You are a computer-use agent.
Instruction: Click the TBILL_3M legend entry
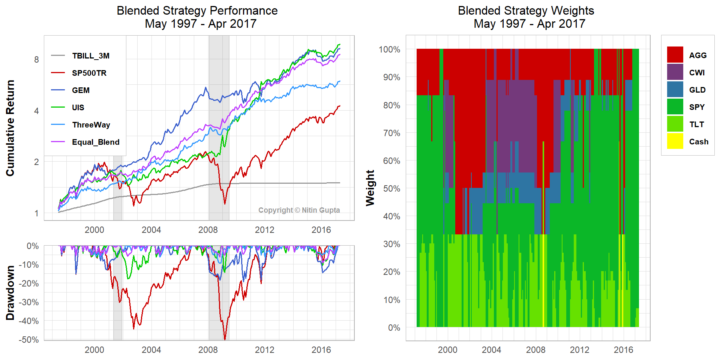[x=90, y=56]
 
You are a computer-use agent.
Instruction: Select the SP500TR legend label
[x=89, y=73]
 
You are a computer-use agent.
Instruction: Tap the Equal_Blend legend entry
[x=95, y=142]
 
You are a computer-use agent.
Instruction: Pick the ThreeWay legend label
[x=91, y=125]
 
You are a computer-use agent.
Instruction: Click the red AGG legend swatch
[x=675, y=55]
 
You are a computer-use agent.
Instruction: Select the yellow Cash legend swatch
[x=675, y=141]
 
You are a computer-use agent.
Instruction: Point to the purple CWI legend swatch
[x=675, y=72]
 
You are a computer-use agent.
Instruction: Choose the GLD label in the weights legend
[x=697, y=90]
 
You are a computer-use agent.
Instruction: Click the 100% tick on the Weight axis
[x=389, y=49]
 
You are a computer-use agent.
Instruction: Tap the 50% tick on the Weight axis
[x=391, y=189]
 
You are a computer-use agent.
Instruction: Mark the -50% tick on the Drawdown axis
[x=28, y=340]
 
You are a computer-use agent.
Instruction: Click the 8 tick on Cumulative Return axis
[x=36, y=60]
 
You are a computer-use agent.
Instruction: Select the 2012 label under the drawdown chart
[x=265, y=350]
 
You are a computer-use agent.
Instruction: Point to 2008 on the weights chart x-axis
[x=535, y=350]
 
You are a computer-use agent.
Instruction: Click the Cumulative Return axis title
[x=10, y=128]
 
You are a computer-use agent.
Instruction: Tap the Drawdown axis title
[x=10, y=293]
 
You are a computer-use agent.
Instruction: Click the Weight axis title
[x=370, y=188]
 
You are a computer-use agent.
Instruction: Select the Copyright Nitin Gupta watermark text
[x=299, y=210]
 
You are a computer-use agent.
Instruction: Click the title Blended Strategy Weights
[x=526, y=10]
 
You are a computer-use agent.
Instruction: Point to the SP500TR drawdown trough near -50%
[x=225, y=339]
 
